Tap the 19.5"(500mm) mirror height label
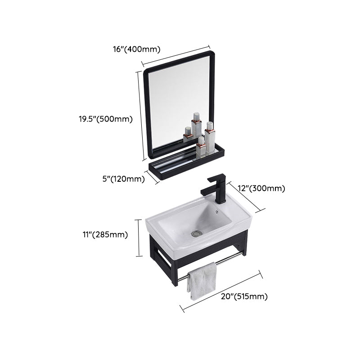point(105,119)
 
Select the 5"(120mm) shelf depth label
point(123,179)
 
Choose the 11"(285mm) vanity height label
point(105,234)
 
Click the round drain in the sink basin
point(196,233)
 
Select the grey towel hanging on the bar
point(202,281)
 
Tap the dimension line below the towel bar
point(221,291)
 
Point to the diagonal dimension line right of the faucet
point(243,197)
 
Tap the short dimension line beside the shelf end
point(153,177)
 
